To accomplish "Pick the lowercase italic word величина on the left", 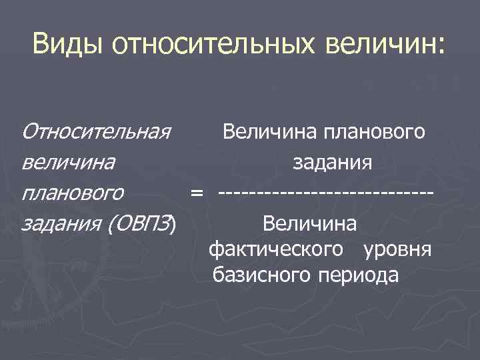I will coord(67,163).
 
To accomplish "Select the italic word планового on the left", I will coord(73,193).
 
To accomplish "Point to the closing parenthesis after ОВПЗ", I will coord(174,224).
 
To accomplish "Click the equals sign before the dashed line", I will coord(196,193).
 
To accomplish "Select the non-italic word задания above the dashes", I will coord(332,163).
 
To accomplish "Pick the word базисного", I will coord(259,274).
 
